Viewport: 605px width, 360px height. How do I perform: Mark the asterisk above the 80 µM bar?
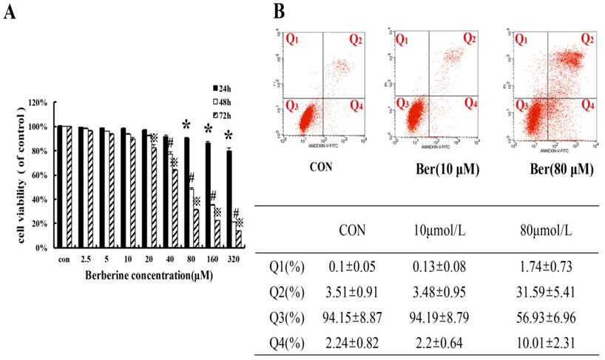click(187, 123)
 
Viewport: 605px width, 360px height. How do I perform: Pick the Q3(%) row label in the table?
click(285, 318)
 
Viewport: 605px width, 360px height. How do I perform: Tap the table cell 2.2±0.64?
click(448, 342)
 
